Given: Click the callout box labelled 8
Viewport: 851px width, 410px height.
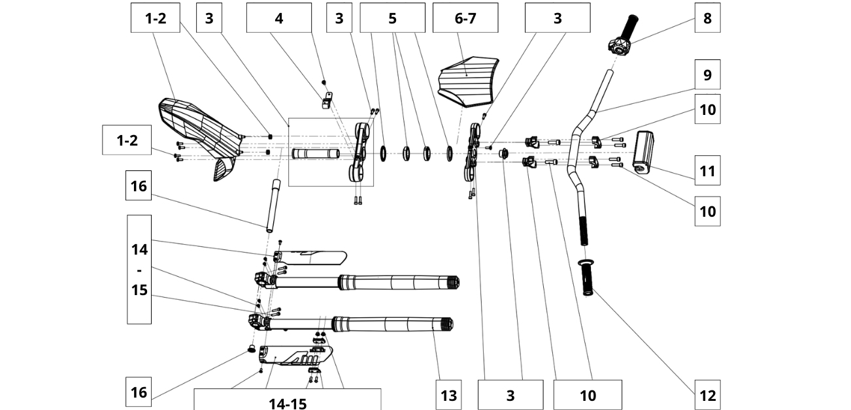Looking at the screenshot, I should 707,18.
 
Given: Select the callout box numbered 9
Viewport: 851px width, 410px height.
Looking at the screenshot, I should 707,74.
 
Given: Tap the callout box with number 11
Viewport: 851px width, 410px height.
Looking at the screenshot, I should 707,171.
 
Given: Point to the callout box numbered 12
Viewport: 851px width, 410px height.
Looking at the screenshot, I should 707,394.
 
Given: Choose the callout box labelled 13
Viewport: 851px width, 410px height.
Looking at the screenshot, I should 448,394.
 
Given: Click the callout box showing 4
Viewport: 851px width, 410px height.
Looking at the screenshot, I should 278,18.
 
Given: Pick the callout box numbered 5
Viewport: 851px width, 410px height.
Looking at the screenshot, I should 392,18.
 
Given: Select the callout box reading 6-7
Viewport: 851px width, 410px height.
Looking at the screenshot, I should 465,18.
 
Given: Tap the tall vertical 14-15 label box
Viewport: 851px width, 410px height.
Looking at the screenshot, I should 139,269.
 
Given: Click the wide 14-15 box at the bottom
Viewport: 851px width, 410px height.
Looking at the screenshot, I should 288,400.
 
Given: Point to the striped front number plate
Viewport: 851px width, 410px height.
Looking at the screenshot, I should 470,81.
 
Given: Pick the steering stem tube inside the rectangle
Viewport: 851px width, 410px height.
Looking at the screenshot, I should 316,154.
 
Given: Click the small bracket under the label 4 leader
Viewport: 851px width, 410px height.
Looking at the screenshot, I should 326,99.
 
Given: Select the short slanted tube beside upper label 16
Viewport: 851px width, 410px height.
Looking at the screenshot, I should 271,207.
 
